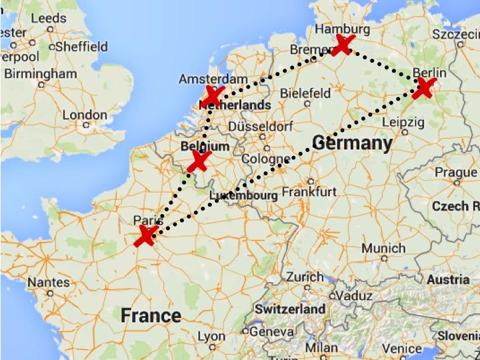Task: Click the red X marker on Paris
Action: point(146,236)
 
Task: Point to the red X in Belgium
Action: point(199,161)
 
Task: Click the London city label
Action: point(85,115)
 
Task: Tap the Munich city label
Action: point(383,248)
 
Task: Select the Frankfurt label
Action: point(309,191)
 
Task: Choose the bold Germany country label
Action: point(351,143)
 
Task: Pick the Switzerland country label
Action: point(290,309)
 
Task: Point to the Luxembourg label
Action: point(243,195)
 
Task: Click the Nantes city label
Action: point(49,283)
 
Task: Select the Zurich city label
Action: point(305,277)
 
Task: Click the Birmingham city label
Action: point(39,73)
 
